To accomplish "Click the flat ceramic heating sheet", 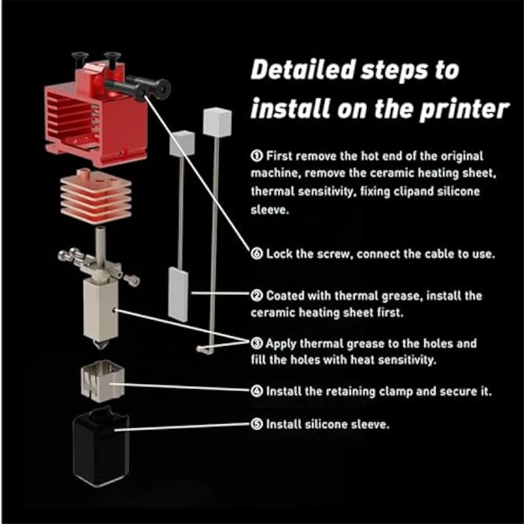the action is click(178, 294).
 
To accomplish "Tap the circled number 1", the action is click(257, 156).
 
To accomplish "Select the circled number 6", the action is click(257, 254).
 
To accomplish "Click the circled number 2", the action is click(257, 296).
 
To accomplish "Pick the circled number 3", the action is click(257, 344).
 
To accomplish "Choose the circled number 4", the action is click(257, 391).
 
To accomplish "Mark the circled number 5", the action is click(257, 424).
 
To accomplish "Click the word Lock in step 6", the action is click(279, 254).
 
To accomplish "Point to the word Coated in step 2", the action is click(285, 296).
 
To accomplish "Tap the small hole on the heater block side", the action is click(115, 310).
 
